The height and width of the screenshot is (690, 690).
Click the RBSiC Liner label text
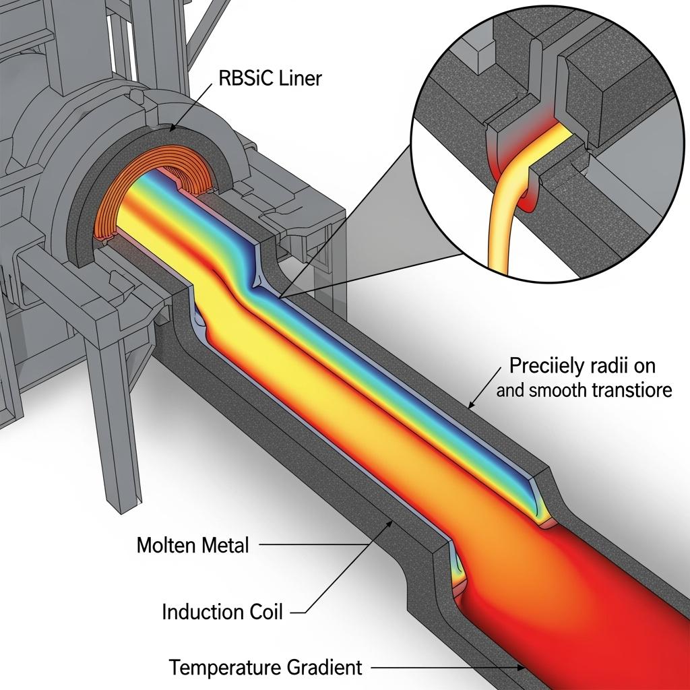pyautogui.click(x=270, y=79)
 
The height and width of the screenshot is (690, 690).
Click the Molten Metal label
pyautogui.click(x=193, y=544)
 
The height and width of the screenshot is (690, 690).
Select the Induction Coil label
pyautogui.click(x=222, y=612)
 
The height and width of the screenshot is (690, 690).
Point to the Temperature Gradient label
pyautogui.click(x=265, y=668)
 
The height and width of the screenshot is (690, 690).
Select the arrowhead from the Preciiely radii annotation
pyautogui.click(x=470, y=405)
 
